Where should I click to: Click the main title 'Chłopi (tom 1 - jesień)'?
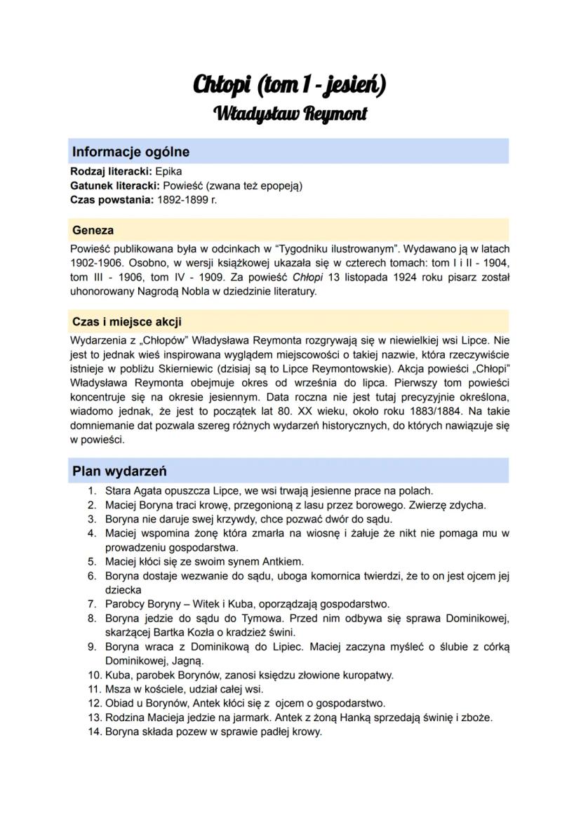click(x=289, y=86)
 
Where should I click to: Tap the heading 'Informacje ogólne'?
click(x=131, y=152)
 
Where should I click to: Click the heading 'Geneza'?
click(x=93, y=230)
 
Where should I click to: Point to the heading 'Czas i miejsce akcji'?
click(x=126, y=322)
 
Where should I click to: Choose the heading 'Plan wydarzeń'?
click(x=119, y=471)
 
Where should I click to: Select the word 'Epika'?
click(x=167, y=170)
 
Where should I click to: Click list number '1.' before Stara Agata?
click(x=91, y=491)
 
